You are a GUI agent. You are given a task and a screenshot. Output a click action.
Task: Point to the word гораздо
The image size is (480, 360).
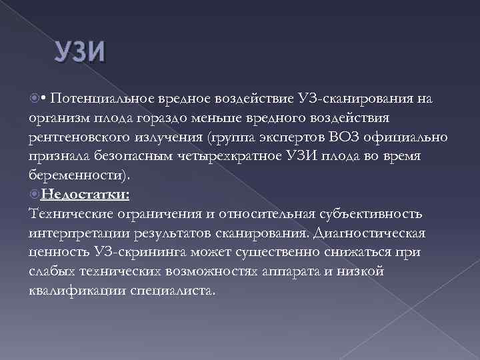coord(183,118)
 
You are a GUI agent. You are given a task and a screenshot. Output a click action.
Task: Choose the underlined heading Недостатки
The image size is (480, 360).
coord(85,195)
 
